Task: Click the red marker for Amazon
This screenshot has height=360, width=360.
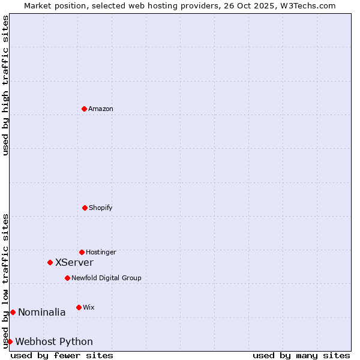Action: click(x=84, y=109)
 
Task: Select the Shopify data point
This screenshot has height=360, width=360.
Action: click(x=85, y=208)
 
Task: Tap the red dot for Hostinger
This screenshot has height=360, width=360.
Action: click(x=82, y=252)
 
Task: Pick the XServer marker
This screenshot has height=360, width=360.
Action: click(x=50, y=262)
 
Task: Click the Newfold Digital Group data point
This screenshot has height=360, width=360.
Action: click(x=67, y=278)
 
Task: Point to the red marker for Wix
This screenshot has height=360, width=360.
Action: click(x=79, y=307)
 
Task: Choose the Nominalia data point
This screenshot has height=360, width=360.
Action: click(x=13, y=312)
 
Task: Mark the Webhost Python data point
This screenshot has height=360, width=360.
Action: click(x=10, y=341)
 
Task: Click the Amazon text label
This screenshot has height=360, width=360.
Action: click(x=101, y=109)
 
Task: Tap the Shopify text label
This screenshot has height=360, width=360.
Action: click(x=101, y=208)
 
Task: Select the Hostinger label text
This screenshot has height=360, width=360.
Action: click(x=101, y=252)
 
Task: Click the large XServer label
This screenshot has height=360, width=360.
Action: click(x=74, y=262)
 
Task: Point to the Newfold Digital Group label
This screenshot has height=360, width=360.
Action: click(x=106, y=278)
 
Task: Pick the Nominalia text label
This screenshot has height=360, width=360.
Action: click(x=42, y=312)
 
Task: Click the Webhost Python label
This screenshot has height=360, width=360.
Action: click(x=54, y=341)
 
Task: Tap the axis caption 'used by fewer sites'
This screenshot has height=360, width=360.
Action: click(x=62, y=355)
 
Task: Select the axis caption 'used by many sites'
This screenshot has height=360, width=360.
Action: click(x=301, y=355)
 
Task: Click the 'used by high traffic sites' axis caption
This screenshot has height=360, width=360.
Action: click(x=5, y=85)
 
